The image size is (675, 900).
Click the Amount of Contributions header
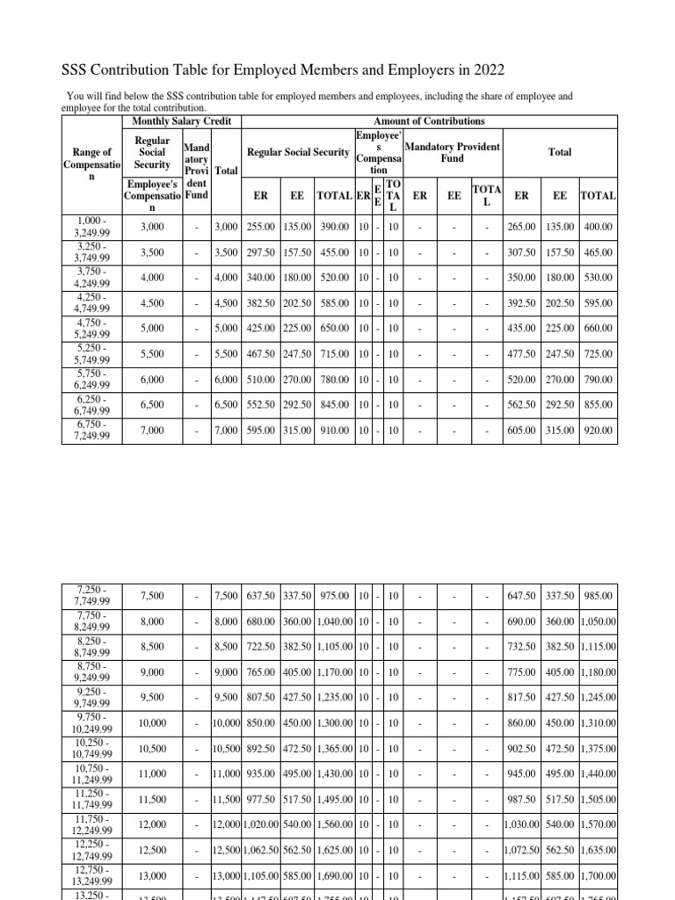click(x=429, y=120)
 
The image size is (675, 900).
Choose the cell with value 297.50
click(x=261, y=252)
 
